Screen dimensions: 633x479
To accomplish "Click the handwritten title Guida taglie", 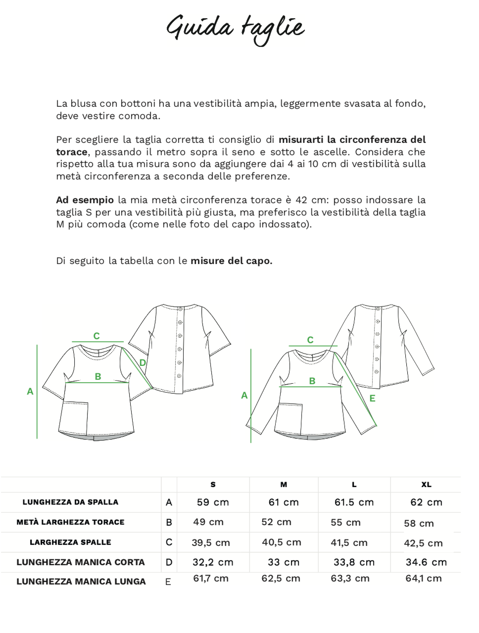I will point(235,29).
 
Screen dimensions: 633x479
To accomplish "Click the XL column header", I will point(426,485).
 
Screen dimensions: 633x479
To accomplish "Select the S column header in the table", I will point(213,485).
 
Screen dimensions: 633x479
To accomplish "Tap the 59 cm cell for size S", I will point(213,502).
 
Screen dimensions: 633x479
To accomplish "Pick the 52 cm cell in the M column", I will point(276,522).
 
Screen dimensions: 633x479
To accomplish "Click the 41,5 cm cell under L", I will point(349,543).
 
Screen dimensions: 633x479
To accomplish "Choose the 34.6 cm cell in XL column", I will point(426,562).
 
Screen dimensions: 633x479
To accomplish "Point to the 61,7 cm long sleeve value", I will point(211,579).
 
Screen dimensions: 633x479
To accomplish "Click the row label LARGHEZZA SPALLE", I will point(70,543).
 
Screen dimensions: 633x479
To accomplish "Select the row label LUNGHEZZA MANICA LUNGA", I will point(81,582).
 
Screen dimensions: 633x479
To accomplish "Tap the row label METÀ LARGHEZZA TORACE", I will point(70,522).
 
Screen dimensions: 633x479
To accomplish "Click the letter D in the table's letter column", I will point(169,562).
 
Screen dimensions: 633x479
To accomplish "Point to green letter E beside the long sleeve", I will point(373,399).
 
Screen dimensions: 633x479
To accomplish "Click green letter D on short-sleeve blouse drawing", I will point(143,363).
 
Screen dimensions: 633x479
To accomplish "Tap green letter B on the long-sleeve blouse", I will point(312,381).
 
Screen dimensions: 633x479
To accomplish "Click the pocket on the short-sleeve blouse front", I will point(74,418).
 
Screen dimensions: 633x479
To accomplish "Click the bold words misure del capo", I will point(231,261).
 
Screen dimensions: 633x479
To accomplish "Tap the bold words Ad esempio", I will point(85,200).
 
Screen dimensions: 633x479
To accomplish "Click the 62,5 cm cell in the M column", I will point(281,579).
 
